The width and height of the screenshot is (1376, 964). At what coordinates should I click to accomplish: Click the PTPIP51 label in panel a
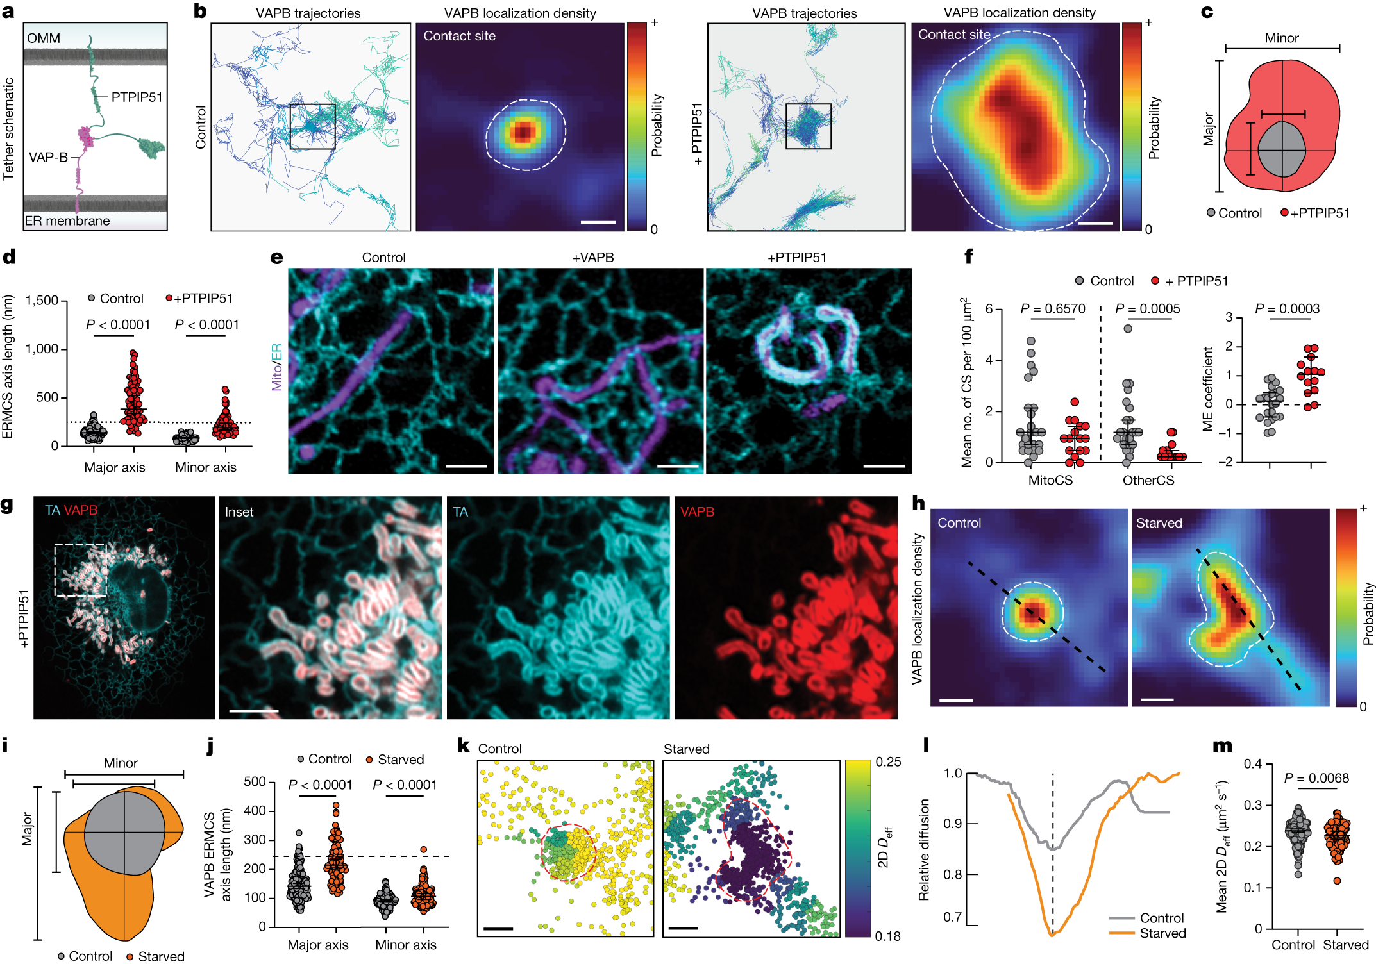pos(137,97)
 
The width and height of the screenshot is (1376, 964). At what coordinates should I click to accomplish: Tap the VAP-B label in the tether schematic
pos(48,157)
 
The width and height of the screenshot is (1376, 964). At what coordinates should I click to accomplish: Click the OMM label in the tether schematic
pos(44,38)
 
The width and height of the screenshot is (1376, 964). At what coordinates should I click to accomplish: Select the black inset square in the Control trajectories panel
pos(312,127)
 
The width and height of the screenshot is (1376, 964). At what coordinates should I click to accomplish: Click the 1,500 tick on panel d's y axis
pos(42,301)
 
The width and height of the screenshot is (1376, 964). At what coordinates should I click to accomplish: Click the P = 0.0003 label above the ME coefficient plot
pos(1287,309)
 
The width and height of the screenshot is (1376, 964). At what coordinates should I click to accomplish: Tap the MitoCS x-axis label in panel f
pos(1050,480)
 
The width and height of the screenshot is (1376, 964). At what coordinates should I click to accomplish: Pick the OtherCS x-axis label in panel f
pos(1148,480)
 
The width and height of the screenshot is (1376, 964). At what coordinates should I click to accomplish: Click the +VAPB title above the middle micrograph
pos(592,258)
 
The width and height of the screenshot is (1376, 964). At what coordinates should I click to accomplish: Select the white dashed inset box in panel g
pos(81,570)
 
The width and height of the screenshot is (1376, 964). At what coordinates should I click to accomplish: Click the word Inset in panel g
pos(239,512)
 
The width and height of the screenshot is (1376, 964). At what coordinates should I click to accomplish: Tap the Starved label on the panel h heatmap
pos(1159,523)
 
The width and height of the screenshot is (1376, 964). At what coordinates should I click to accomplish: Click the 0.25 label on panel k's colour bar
pos(888,762)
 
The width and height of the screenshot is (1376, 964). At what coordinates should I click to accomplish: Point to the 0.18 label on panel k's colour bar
pos(888,936)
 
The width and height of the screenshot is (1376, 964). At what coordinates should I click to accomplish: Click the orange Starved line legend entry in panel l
pos(1148,933)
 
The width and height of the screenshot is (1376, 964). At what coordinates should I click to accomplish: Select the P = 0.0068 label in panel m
pos(1316,778)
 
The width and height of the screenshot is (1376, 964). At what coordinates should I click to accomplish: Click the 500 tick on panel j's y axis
pos(255,781)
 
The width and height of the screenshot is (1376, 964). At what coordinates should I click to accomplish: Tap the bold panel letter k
pos(464,747)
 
